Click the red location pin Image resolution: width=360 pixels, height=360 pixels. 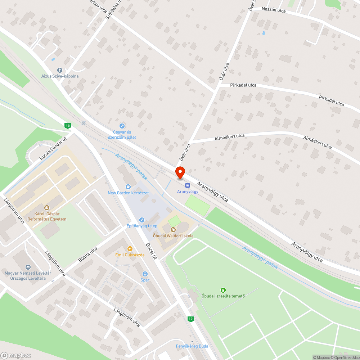pos(180,173)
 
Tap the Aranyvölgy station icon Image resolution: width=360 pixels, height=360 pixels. pos(187,185)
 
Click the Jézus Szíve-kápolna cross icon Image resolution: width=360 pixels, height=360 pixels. pos(59,70)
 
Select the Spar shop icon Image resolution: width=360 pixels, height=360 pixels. pos(145,274)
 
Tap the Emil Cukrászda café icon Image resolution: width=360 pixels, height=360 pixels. pos(130,248)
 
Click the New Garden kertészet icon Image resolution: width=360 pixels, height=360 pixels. pos(128,186)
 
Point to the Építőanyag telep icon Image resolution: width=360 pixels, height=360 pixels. pos(141,220)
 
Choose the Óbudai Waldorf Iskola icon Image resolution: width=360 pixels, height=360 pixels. pos(173,229)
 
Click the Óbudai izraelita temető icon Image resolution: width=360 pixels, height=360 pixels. pos(223,290)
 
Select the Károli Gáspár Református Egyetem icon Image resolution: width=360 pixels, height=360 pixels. pos(46,207)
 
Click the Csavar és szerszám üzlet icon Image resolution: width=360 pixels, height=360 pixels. pos(122,126)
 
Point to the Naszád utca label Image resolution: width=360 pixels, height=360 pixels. pos(274,10)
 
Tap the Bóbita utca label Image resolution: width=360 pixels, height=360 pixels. pos(88,255)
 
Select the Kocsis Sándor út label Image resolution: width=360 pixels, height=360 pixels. pos(53,149)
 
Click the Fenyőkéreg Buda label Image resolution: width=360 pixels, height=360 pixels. pos(192,346)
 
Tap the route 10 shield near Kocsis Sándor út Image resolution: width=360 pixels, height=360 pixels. pos(67,126)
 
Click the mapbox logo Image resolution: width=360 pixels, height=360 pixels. pos(16,355)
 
